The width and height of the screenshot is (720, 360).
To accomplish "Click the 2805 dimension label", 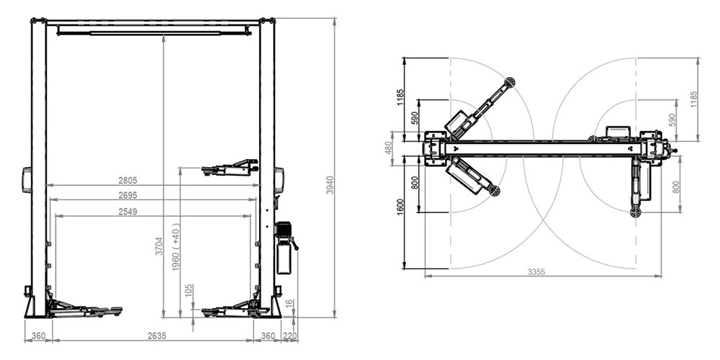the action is (127, 181).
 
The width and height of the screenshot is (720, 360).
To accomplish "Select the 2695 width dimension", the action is (127, 195).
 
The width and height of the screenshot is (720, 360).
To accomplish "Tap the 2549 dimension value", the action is (127, 211).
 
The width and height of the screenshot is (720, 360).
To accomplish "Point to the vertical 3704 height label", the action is (159, 246).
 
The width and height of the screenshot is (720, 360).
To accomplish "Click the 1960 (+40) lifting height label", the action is (176, 247).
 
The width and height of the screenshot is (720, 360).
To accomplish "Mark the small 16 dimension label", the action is (289, 304).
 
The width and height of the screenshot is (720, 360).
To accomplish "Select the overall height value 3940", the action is (330, 184).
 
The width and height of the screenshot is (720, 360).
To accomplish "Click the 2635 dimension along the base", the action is (156, 336).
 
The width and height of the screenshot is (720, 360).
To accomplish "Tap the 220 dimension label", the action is (289, 336).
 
